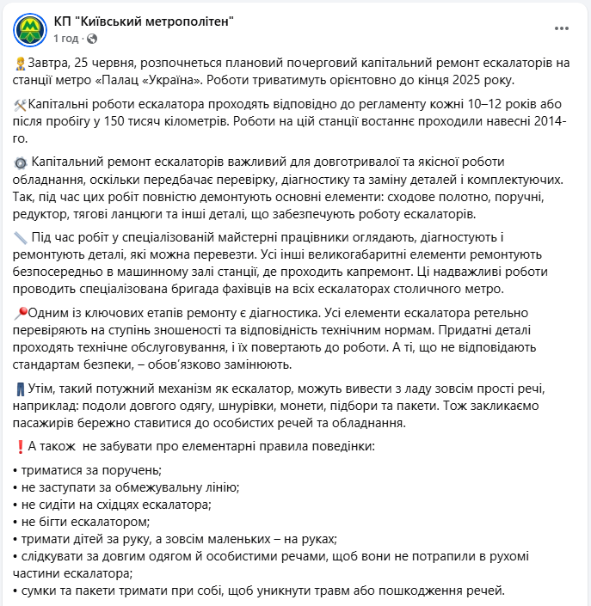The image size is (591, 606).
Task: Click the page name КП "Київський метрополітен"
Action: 143,21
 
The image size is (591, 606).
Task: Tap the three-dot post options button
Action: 562,28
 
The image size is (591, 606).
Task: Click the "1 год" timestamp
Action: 66,39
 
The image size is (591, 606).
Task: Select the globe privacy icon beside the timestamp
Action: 92,39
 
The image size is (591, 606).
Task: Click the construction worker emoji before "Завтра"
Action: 20,64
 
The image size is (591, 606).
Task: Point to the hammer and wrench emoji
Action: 21,104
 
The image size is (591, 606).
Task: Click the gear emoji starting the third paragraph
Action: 21,162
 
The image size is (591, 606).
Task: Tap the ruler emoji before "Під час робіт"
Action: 21,237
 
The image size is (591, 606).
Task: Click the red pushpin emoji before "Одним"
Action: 21,312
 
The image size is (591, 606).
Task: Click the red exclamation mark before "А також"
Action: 20,446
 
